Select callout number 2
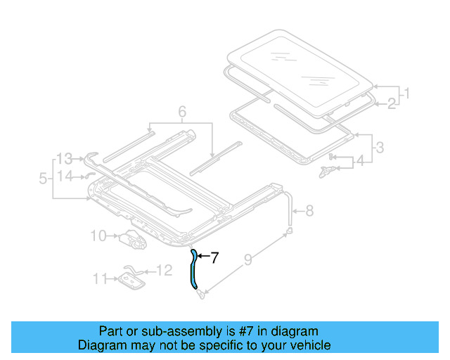[392, 104]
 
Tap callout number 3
[380, 148]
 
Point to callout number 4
[360, 161]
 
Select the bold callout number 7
[214, 258]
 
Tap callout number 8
[309, 210]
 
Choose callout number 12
[163, 270]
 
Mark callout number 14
[65, 176]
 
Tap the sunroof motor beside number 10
[131, 240]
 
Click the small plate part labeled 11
[131, 281]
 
